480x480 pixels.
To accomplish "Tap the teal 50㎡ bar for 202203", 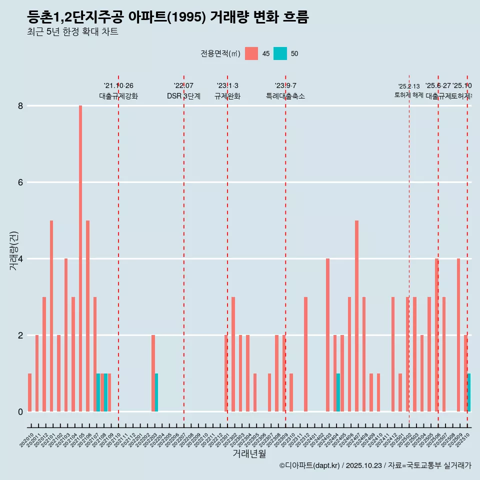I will tap(156, 392).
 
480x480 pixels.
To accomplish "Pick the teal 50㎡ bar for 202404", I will tap(338, 392).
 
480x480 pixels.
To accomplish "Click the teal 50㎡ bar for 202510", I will tap(469, 392).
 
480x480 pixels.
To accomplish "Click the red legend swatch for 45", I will tap(251, 53).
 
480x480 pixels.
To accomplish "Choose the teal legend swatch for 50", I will tap(280, 53).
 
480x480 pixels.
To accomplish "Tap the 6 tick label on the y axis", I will tap(20, 182).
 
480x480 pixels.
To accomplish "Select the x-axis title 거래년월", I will tap(249, 453).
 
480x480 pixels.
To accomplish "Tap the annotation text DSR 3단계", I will tap(183, 96).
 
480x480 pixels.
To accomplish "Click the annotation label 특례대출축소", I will tap(285, 96).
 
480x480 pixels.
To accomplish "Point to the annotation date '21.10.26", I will tap(118, 86).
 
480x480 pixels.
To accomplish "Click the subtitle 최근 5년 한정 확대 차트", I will tap(72, 32).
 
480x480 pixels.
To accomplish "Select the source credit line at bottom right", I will tap(375, 465).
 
